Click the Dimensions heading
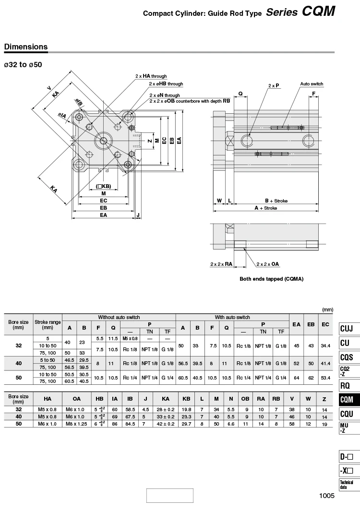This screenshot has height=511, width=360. (26, 47)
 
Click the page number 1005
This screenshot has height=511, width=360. (327, 496)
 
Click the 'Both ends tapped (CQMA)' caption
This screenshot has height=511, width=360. (271, 279)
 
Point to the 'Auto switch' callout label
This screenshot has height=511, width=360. (312, 84)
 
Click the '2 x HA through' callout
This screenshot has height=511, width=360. (151, 76)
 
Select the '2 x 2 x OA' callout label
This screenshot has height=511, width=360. (268, 264)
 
